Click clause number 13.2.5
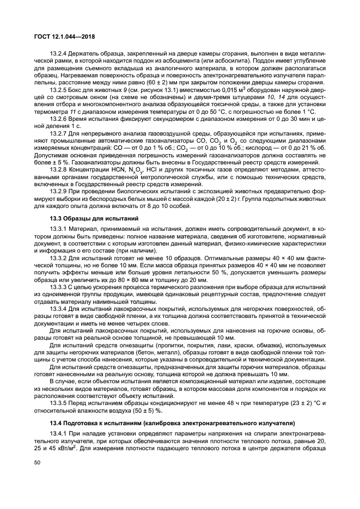(59, 89)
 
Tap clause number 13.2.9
(59, 192)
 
